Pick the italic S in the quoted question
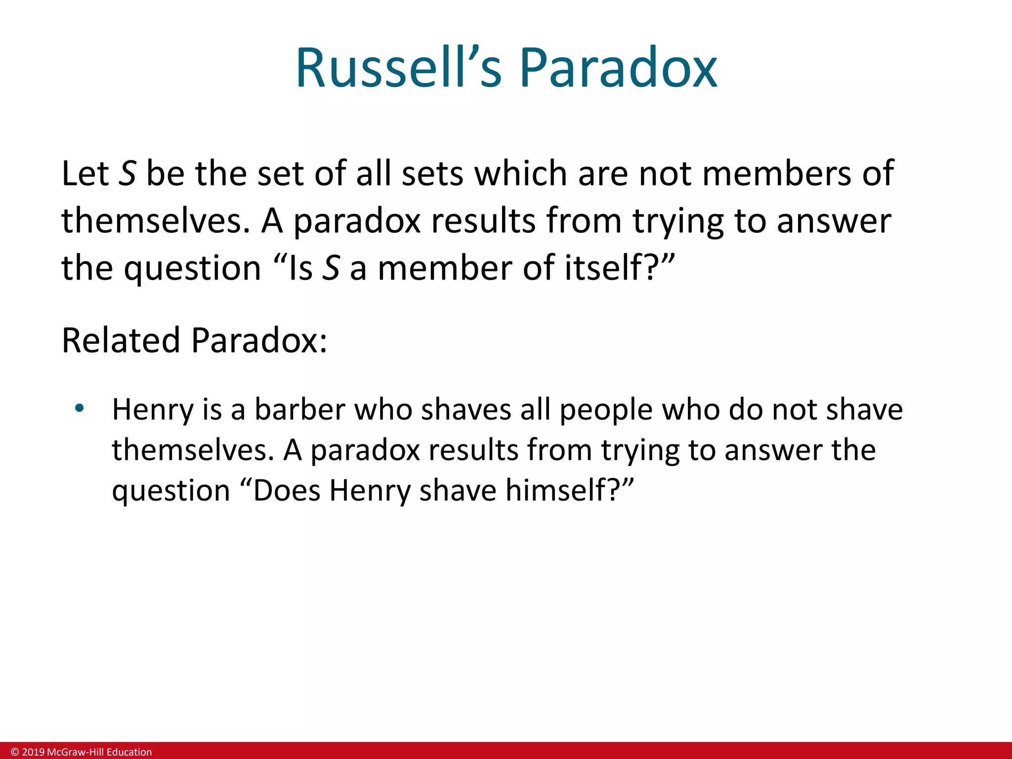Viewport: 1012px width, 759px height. [331, 268]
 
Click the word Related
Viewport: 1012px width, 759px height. [121, 340]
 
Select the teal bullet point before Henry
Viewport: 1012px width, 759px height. [79, 409]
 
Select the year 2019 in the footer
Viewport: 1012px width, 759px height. [34, 752]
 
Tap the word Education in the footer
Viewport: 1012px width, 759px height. [129, 752]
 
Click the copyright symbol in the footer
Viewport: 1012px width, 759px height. [15, 752]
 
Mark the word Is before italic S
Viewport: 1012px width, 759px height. [300, 268]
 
